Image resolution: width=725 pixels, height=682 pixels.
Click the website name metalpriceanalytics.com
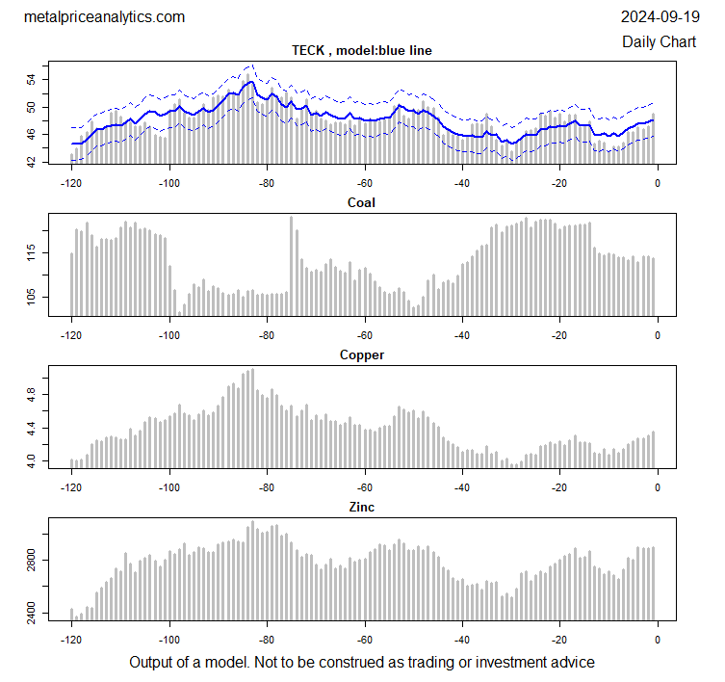tap(104, 17)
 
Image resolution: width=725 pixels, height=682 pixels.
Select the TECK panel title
tap(361, 51)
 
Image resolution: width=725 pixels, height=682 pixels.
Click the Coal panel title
tap(361, 202)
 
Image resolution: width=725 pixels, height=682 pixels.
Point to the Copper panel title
tap(361, 355)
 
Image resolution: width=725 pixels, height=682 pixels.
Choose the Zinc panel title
tap(361, 507)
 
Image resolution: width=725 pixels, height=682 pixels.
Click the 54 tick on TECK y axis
tap(31, 79)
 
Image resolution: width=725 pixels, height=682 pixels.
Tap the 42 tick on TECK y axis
tap(31, 163)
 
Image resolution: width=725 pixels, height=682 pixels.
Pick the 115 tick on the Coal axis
tap(31, 253)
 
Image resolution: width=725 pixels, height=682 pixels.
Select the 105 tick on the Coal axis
tap(31, 299)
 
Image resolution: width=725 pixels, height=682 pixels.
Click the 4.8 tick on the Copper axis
tap(31, 395)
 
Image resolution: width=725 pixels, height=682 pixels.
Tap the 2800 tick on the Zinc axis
tap(31, 560)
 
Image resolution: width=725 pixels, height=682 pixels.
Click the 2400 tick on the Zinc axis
tap(31, 613)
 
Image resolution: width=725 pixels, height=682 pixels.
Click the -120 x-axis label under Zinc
tap(71, 639)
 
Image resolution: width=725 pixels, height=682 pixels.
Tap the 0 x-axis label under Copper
tap(658, 486)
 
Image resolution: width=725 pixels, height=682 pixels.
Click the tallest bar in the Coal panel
tap(291, 266)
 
